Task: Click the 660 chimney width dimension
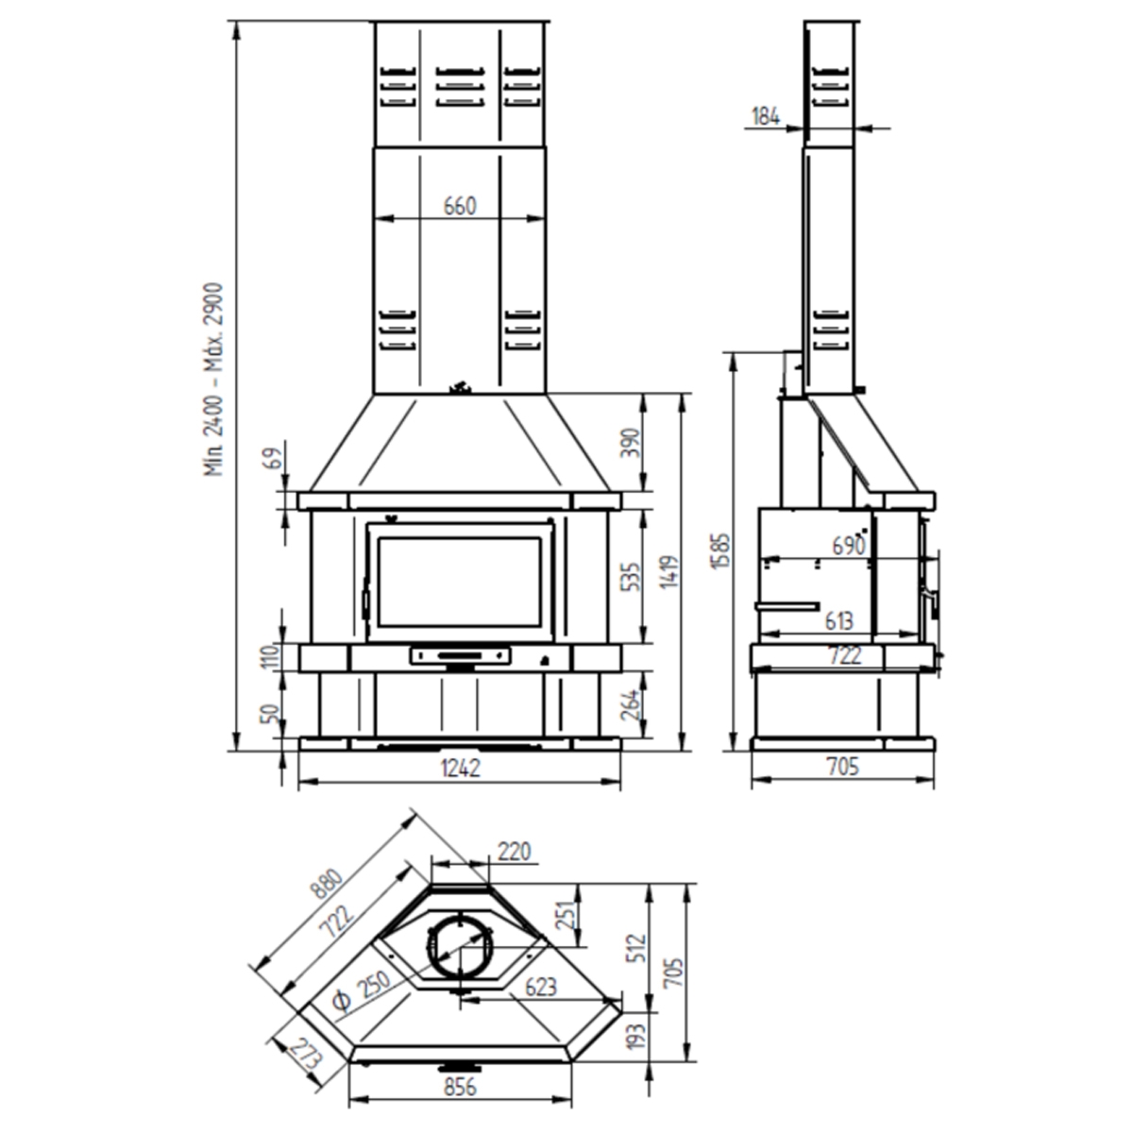click(460, 205)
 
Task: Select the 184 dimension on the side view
click(766, 116)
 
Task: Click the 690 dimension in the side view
click(849, 545)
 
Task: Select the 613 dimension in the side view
click(837, 620)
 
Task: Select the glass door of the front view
click(460, 579)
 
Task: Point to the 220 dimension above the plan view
click(515, 851)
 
